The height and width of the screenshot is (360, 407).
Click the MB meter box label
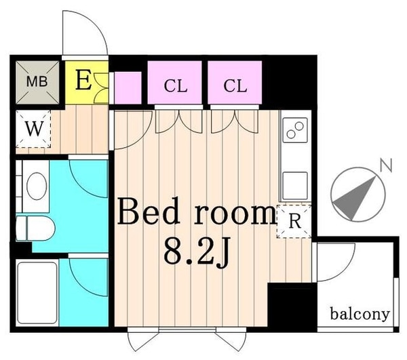(37, 82)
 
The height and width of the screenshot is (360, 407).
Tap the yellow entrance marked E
(86, 83)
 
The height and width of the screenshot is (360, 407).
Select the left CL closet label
(176, 86)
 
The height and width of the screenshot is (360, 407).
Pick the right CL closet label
(235, 86)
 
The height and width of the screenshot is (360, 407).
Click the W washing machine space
(33, 129)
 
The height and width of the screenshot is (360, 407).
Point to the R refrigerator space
(294, 221)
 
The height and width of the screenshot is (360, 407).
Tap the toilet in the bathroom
(35, 229)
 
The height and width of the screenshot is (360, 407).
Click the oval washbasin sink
(37, 186)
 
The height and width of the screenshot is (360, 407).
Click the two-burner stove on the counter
(295, 130)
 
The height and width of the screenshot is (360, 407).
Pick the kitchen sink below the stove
(295, 186)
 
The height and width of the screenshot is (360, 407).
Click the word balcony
(360, 315)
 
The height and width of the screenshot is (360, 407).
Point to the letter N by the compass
(386, 165)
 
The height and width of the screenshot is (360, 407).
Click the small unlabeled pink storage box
(128, 87)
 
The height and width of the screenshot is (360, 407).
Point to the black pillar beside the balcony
(292, 307)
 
